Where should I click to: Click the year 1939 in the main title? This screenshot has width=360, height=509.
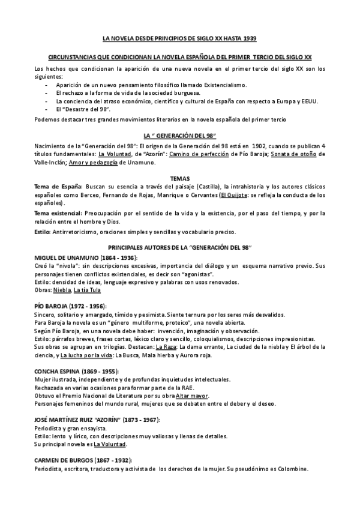tap(250, 38)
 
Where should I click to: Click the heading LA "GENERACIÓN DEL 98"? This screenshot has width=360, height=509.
tap(179, 136)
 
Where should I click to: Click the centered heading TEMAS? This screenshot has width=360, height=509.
tap(179, 179)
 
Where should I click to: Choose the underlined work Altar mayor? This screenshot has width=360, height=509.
tap(193, 396)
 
